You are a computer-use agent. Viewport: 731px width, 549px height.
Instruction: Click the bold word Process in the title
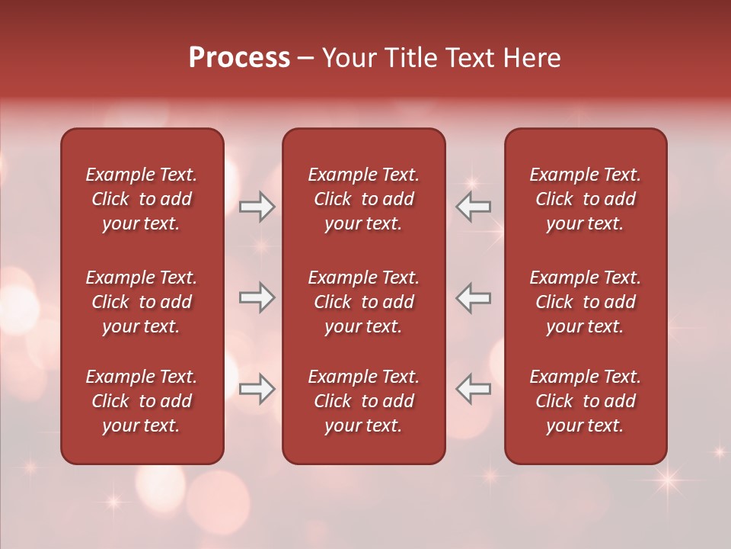[x=239, y=58]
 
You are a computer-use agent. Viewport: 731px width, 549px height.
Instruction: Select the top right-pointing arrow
[x=257, y=207]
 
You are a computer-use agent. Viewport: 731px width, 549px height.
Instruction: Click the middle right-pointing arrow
[x=257, y=297]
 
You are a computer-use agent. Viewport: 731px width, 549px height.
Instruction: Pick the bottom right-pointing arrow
[x=257, y=389]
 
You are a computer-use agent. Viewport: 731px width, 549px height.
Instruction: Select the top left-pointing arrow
[x=473, y=207]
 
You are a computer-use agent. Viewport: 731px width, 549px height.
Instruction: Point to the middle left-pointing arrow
[x=473, y=297]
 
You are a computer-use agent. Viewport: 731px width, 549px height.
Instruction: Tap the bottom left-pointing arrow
[x=473, y=389]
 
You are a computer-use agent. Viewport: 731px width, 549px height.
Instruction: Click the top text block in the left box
[x=142, y=199]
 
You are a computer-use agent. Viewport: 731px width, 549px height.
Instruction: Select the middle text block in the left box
[x=142, y=302]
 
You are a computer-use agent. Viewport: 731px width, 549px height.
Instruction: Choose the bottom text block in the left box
[x=142, y=401]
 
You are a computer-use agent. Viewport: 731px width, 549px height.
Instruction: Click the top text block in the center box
[x=363, y=199]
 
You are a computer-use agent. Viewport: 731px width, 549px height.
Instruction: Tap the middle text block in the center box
[x=363, y=302]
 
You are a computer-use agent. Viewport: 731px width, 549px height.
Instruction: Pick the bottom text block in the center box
[x=363, y=401]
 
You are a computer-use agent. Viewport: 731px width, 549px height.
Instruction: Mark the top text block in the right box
[x=585, y=199]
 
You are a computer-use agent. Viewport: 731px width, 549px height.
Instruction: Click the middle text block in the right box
[x=585, y=302]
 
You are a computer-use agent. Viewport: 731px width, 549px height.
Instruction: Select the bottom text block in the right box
[x=585, y=401]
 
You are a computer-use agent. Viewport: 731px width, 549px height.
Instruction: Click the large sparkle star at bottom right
[x=668, y=480]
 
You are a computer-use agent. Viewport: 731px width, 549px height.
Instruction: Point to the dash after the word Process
[x=305, y=59]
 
